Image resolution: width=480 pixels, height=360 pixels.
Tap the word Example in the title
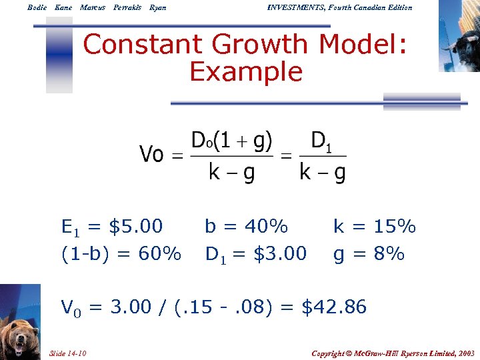pos(246,71)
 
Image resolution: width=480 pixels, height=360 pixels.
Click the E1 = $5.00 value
pos(112,227)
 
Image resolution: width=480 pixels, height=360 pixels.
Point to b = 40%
pos(246,227)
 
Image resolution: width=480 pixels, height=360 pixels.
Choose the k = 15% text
pos(375,227)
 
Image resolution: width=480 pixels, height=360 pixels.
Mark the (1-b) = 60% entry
pos(121,254)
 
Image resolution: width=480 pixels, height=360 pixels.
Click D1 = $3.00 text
pos(256,254)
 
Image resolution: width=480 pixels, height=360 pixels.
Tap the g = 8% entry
pos(369,254)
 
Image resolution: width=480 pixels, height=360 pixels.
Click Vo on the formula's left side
pos(151,155)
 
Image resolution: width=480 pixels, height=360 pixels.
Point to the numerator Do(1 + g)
pos(231,141)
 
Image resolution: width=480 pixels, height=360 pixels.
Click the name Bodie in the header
pos(37,7)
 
